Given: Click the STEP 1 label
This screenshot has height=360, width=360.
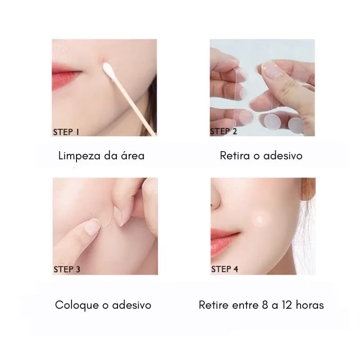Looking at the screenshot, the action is pos(66,132).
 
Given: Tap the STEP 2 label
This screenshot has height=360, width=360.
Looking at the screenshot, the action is pos(224,131).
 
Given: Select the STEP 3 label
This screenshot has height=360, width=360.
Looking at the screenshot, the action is pos(67,269).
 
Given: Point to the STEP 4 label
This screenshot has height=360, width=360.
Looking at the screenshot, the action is pos(225,269).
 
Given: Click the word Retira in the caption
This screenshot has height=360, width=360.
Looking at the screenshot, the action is pos(235,156).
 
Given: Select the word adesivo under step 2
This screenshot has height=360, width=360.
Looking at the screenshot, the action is pos(283,156).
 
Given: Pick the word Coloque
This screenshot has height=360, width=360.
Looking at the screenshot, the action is pos(77,306).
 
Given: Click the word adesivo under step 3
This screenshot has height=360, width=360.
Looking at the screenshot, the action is pos(132,305).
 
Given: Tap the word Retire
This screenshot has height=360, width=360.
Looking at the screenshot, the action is pos(214,305).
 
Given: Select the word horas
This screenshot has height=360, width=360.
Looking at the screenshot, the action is pos(310,305).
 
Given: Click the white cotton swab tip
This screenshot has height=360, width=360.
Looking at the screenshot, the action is pos(108,70).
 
